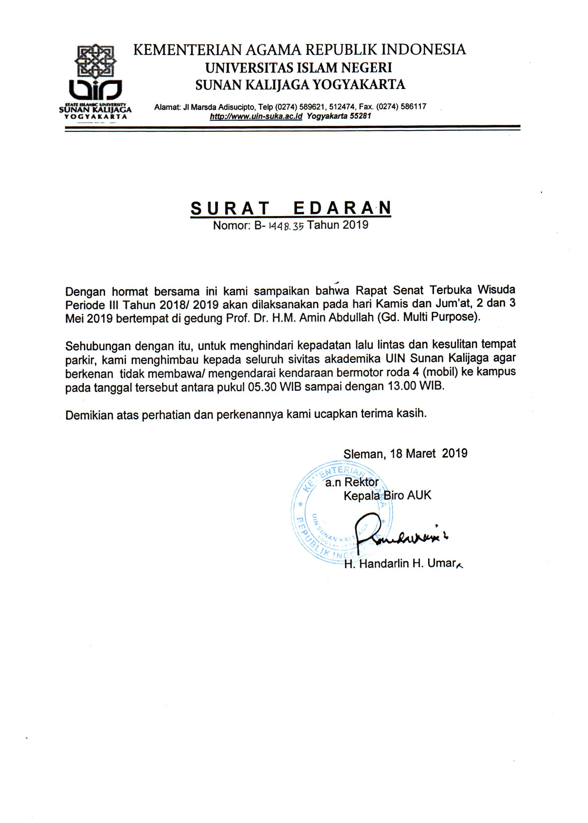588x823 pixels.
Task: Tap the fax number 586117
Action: coord(413,106)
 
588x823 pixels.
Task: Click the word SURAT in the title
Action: coord(230,208)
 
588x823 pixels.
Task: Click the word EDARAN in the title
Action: coord(342,208)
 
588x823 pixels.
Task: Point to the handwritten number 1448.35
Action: coord(286,226)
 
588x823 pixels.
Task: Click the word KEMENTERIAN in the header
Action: coord(187,50)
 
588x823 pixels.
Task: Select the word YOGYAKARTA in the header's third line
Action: coord(359,85)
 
